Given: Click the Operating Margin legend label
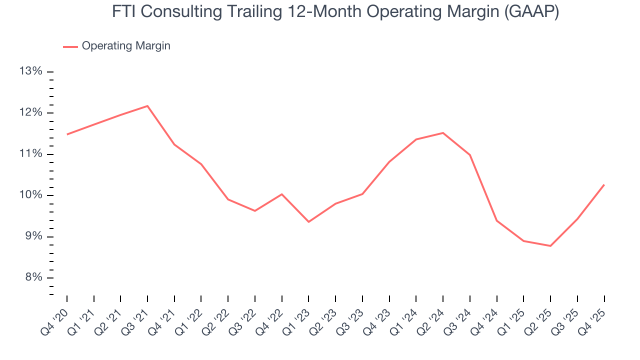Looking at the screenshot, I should pyautogui.click(x=126, y=46).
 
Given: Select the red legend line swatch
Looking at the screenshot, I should pyautogui.click(x=70, y=46).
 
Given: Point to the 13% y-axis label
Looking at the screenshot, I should pyautogui.click(x=30, y=71).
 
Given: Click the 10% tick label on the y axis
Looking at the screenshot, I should pyautogui.click(x=30, y=195).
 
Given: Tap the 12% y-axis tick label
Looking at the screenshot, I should pyautogui.click(x=30, y=112).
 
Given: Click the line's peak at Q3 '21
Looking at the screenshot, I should pyautogui.click(x=147, y=106).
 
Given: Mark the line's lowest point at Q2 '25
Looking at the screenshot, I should pyautogui.click(x=550, y=246).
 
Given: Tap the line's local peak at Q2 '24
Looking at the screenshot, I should pyautogui.click(x=443, y=133).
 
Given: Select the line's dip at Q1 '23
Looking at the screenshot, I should pyautogui.click(x=308, y=222).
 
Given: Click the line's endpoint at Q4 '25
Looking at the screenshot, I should pyautogui.click(x=604, y=184).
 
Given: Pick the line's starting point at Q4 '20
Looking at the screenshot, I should pyautogui.click(x=67, y=134).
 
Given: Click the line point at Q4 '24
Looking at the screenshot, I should pyautogui.click(x=497, y=220).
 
